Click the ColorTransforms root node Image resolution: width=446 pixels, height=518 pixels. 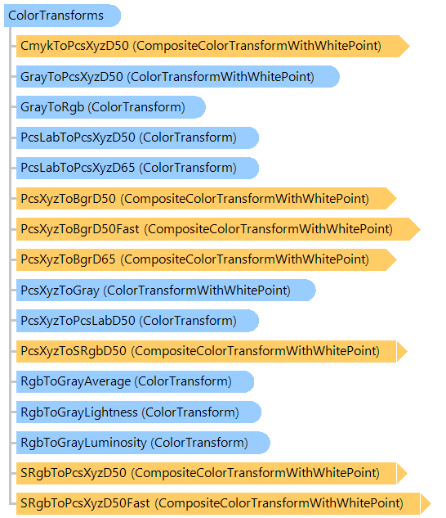click(x=62, y=16)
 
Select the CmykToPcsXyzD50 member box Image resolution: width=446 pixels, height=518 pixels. click(x=212, y=46)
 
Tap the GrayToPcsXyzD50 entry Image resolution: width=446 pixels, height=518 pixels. click(x=178, y=77)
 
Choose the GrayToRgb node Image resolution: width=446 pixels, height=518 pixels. click(x=111, y=107)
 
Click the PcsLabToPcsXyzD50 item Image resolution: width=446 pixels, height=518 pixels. click(x=137, y=137)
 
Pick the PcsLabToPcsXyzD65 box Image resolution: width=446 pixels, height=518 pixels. click(x=137, y=168)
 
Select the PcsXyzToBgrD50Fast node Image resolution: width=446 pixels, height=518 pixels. click(x=218, y=229)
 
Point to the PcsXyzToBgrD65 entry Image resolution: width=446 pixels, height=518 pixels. click(x=207, y=259)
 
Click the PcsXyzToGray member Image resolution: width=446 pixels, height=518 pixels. click(x=166, y=290)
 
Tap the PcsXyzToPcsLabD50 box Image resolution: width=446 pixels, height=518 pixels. click(x=137, y=321)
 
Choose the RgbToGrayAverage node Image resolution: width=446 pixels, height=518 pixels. click(x=136, y=381)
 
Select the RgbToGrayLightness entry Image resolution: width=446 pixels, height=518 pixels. click(x=139, y=412)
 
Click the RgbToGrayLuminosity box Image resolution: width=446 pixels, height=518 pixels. click(x=143, y=443)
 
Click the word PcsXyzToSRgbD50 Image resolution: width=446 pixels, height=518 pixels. click(x=74, y=351)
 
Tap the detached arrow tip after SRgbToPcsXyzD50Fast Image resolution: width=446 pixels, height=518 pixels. click(x=426, y=503)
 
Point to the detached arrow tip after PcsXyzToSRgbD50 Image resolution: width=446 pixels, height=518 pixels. click(x=402, y=351)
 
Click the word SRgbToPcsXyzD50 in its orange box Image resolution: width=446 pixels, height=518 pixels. click(x=74, y=473)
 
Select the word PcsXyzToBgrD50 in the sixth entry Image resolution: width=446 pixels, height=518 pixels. click(x=69, y=199)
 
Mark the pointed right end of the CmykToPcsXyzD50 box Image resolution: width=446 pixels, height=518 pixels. click(x=409, y=46)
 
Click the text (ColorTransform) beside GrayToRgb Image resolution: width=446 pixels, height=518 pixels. click(x=136, y=107)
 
